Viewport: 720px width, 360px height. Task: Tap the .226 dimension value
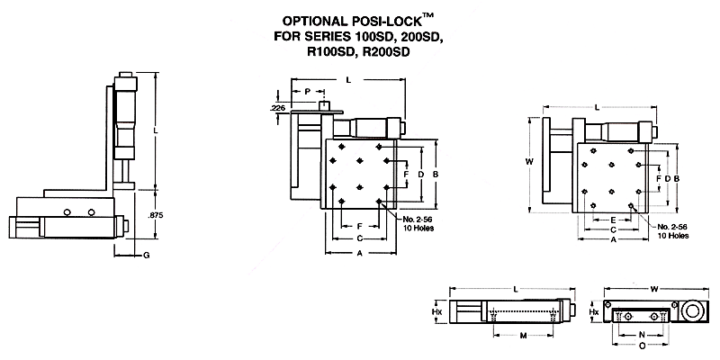pyautogui.click(x=278, y=108)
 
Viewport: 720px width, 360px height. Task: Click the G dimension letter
pyautogui.click(x=146, y=256)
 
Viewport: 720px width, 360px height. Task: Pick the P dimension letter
pyautogui.click(x=307, y=92)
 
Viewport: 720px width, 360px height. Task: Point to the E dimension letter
pyautogui.click(x=613, y=219)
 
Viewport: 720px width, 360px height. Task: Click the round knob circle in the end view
pyautogui.click(x=695, y=312)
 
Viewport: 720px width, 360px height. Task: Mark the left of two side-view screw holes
pyautogui.click(x=67, y=212)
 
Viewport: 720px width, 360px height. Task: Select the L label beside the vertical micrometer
pyautogui.click(x=157, y=132)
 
